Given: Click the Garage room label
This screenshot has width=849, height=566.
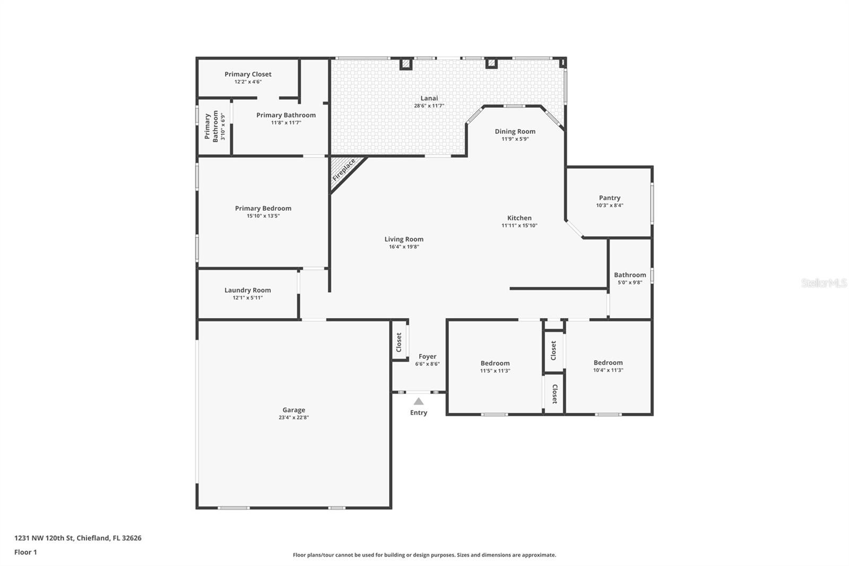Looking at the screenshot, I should pos(293,410).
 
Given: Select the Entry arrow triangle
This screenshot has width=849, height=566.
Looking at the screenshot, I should pos(419,401).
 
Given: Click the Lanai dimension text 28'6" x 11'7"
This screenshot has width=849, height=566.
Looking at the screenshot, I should pos(429,106).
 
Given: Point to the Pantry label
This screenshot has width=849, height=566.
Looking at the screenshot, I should pos(610,198).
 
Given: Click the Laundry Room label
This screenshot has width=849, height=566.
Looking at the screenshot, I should pos(247,290).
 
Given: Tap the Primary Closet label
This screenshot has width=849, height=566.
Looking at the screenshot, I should pos(248,74).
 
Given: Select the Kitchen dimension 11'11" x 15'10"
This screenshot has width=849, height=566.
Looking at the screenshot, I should pos(519,226).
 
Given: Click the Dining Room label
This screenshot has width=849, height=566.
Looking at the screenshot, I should pos(515,131).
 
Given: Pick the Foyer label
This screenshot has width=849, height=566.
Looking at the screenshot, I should pos(427,357).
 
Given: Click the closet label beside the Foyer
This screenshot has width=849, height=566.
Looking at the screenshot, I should pos(399,342).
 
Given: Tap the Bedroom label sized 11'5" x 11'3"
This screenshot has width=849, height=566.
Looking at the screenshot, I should pos(495,363).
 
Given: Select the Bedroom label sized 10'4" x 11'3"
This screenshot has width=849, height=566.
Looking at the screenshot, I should pos(608,363).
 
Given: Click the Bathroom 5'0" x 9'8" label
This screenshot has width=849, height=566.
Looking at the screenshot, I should pos(630,275).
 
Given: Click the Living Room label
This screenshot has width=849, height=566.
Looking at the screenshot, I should pos(404,239).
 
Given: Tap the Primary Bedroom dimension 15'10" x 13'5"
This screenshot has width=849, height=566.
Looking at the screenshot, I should pos(263,216).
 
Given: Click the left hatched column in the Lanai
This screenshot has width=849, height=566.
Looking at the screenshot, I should pos(406,64).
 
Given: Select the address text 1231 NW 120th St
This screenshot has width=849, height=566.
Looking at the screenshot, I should pos(44,538).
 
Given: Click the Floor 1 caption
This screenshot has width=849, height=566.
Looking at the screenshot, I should pos(25,552).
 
